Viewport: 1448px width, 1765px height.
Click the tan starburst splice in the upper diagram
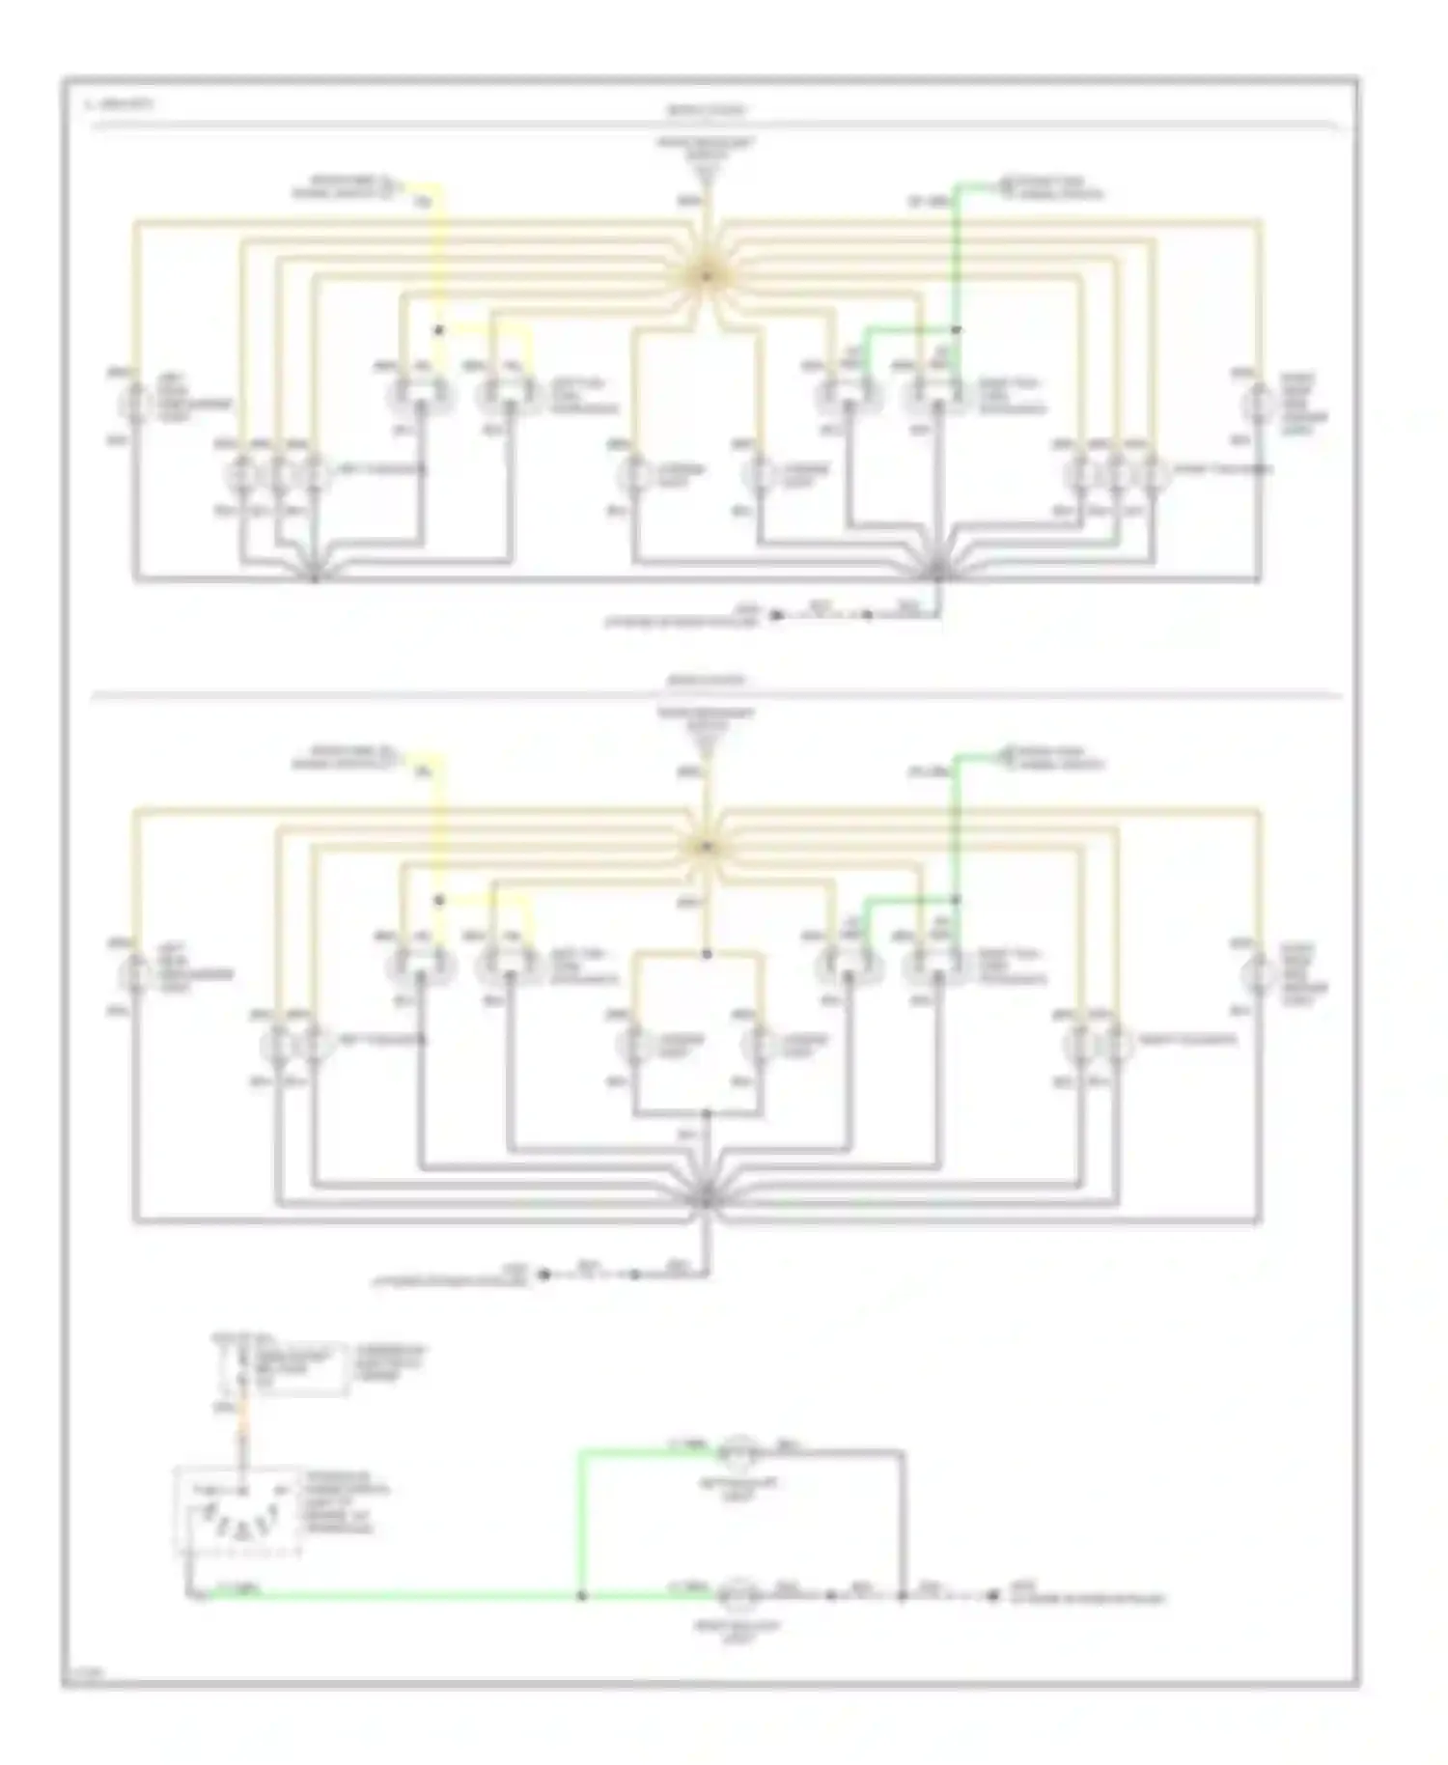pos(706,275)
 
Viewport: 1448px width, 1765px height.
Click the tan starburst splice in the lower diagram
pos(706,847)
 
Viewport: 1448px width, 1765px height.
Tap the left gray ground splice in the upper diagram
pos(315,577)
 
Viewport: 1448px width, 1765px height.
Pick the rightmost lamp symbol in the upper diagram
pos(1259,401)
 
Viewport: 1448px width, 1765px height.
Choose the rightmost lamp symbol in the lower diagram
pos(1259,973)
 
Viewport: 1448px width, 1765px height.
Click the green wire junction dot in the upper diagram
pos(957,329)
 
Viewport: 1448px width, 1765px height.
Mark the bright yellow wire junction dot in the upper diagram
pos(438,330)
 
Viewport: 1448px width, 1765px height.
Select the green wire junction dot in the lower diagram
pos(957,900)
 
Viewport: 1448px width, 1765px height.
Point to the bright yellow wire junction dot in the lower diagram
pos(438,900)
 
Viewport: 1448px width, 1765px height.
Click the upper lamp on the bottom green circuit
pos(740,1450)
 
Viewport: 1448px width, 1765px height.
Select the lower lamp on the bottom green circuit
pos(739,1594)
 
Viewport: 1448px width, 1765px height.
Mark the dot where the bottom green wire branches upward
pos(581,1595)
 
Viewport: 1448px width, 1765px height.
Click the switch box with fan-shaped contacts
pos(234,1510)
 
